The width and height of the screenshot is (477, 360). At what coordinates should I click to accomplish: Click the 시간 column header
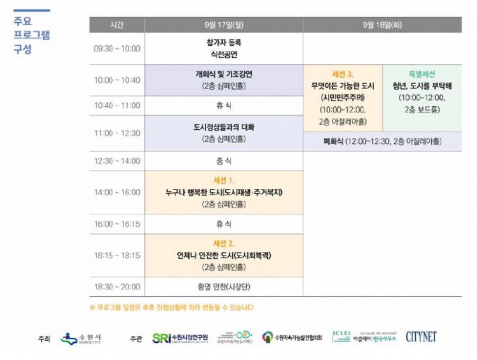click(117, 25)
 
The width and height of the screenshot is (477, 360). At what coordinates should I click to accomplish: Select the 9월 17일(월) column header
click(223, 25)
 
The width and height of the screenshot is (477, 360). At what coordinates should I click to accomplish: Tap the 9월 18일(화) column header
click(382, 25)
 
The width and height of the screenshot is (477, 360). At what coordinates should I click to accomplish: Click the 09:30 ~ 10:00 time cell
click(117, 48)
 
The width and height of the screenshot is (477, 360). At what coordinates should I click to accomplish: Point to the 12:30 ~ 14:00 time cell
click(117, 161)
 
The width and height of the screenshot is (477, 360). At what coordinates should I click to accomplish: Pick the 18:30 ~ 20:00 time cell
click(117, 287)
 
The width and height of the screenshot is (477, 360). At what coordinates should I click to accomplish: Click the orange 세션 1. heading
click(223, 180)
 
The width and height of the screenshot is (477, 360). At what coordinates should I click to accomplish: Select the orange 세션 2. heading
click(223, 243)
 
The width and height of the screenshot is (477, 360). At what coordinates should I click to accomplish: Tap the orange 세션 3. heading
click(342, 74)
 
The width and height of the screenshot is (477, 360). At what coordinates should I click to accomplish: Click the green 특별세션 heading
click(422, 74)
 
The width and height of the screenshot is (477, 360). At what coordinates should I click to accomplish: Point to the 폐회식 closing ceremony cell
click(382, 141)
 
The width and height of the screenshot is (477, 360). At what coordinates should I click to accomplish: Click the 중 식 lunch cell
click(223, 161)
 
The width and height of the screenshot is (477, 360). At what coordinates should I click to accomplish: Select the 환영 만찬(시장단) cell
click(223, 287)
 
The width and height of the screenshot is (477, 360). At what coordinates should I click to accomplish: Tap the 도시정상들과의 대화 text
click(223, 127)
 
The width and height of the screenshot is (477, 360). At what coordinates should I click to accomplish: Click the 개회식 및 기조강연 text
click(223, 74)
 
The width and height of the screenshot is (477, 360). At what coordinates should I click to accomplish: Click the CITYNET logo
click(421, 336)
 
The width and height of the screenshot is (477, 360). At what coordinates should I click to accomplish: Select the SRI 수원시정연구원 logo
click(180, 338)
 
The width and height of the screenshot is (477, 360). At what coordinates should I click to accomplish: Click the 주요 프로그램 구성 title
click(31, 34)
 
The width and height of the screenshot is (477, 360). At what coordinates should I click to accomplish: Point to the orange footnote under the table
click(172, 307)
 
